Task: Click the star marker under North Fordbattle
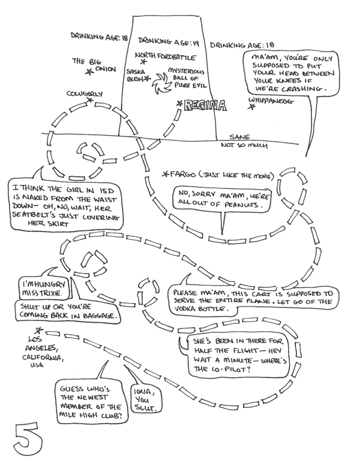click(x=143, y=61)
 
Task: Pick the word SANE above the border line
click(x=238, y=137)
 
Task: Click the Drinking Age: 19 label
click(x=167, y=41)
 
